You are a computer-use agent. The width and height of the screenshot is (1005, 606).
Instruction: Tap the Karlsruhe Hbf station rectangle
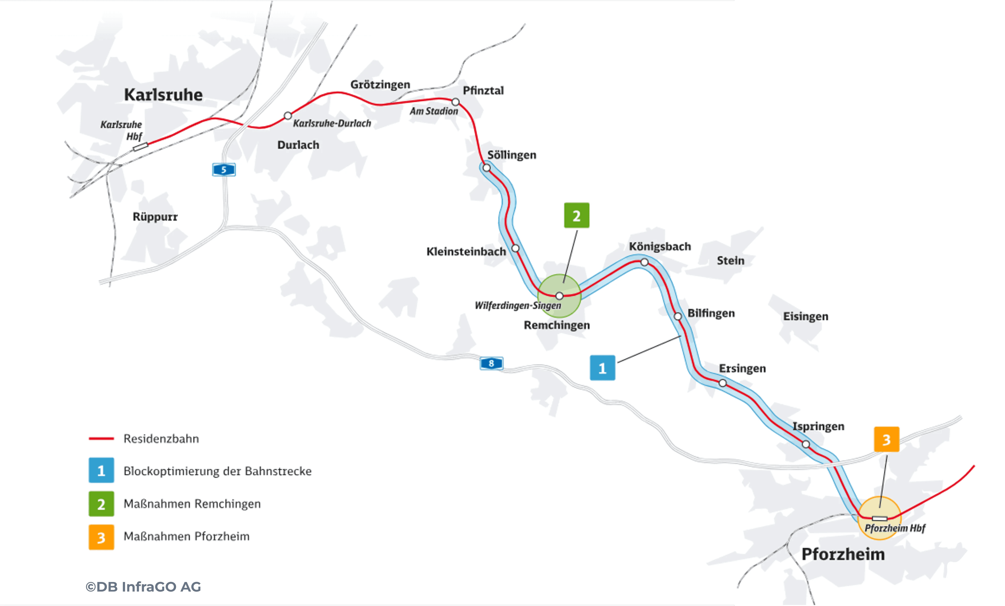[140, 146]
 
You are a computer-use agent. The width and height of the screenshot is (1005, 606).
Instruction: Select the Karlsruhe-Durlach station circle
[288, 115]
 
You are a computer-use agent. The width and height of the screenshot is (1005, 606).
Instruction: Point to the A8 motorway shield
[491, 363]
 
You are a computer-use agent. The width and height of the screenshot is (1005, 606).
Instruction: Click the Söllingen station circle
[486, 168]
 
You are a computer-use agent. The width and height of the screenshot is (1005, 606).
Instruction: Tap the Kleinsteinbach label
[466, 251]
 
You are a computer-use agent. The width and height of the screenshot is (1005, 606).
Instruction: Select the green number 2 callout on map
[576, 215]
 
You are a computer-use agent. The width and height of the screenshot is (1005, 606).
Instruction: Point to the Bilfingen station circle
[678, 317]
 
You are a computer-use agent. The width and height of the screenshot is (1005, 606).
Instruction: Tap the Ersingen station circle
[722, 383]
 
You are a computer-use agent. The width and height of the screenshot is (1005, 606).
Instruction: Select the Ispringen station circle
[806, 444]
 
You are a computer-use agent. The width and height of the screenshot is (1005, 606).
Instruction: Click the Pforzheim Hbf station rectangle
[880, 518]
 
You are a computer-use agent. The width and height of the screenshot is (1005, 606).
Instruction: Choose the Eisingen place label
[806, 317]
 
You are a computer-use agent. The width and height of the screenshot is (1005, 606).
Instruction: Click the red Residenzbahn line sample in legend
[101, 439]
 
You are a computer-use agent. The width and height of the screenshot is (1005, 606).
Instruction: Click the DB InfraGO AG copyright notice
[143, 587]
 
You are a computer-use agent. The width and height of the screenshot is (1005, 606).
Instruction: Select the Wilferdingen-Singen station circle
[560, 296]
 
